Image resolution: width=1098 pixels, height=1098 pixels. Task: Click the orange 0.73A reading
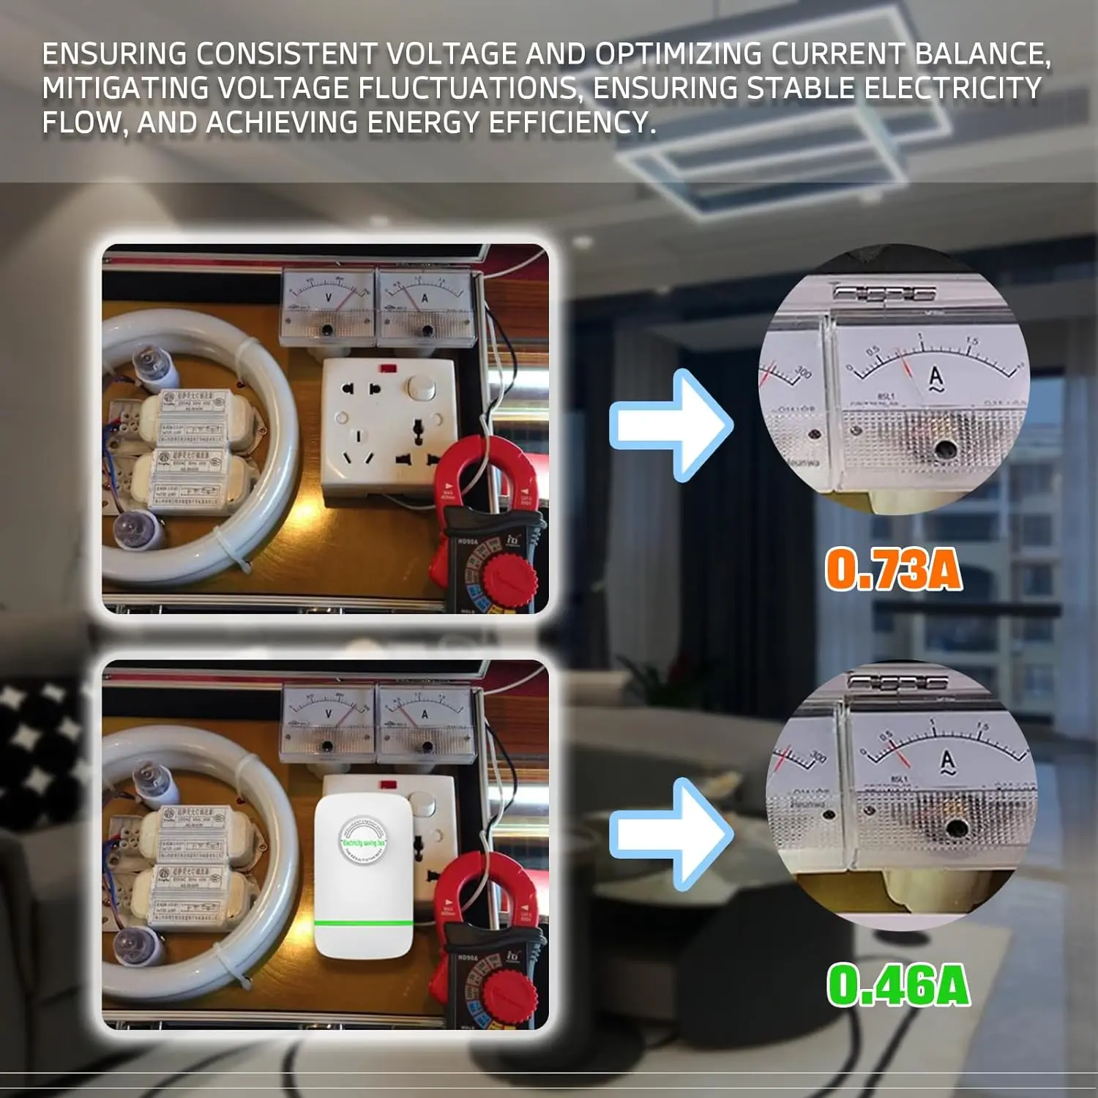click(893, 569)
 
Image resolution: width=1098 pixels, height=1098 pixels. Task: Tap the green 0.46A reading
click(898, 985)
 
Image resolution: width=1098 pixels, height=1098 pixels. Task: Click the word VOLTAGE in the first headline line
click(451, 54)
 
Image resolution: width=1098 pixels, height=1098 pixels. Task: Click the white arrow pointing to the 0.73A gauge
click(671, 425)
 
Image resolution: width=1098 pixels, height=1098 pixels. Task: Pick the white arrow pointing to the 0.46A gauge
click(671, 834)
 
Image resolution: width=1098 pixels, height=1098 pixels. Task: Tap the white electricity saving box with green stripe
click(363, 875)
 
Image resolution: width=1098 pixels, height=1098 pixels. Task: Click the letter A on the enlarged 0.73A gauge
click(935, 378)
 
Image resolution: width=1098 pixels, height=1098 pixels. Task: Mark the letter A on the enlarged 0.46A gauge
click(948, 762)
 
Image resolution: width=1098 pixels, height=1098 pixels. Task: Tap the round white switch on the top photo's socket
click(421, 387)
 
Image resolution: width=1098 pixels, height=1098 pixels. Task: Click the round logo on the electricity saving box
click(363, 841)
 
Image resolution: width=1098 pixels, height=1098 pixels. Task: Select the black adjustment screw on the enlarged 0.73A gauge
click(944, 448)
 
